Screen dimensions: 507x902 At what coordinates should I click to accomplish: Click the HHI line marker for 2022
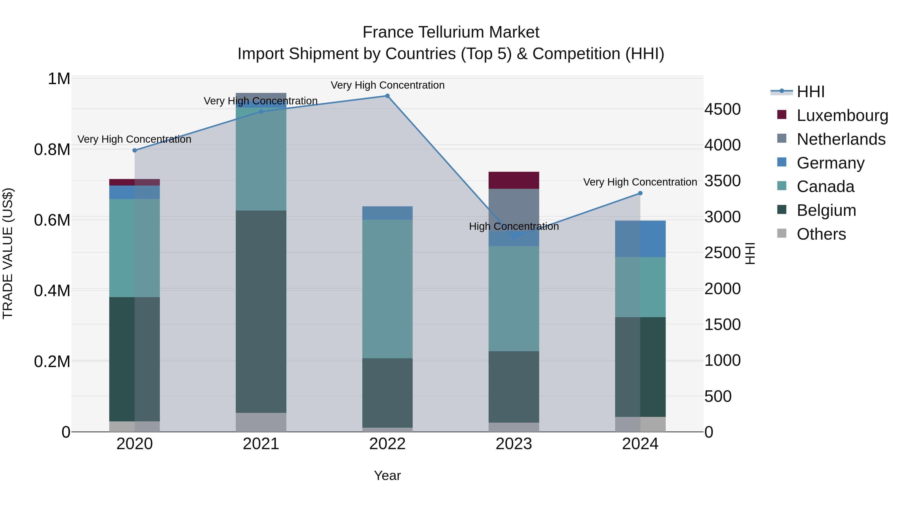(x=387, y=96)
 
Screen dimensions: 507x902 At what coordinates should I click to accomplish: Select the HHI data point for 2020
(x=135, y=150)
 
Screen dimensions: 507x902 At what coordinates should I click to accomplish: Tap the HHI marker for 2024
(x=640, y=193)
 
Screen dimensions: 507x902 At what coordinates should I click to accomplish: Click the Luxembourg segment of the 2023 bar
(x=514, y=180)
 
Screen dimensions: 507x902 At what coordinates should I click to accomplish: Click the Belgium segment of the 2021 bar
(x=261, y=311)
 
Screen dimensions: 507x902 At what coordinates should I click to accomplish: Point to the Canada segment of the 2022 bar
(x=387, y=289)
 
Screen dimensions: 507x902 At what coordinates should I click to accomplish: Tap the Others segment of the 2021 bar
(x=261, y=422)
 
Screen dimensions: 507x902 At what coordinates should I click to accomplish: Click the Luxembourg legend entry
(x=842, y=115)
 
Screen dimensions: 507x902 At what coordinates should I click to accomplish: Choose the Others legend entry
(x=821, y=234)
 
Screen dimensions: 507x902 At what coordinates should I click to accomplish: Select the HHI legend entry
(x=810, y=92)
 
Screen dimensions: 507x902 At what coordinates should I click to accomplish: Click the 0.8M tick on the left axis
(x=52, y=150)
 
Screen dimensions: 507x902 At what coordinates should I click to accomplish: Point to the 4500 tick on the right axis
(x=722, y=109)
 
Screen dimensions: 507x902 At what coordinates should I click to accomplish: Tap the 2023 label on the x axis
(x=514, y=444)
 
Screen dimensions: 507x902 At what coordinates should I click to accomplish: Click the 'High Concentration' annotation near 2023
(x=514, y=226)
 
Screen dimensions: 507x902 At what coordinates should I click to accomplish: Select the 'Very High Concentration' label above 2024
(x=640, y=182)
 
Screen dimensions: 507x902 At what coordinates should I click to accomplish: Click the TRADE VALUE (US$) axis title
(x=8, y=253)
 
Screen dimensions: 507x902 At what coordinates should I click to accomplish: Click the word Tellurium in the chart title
(x=451, y=32)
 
